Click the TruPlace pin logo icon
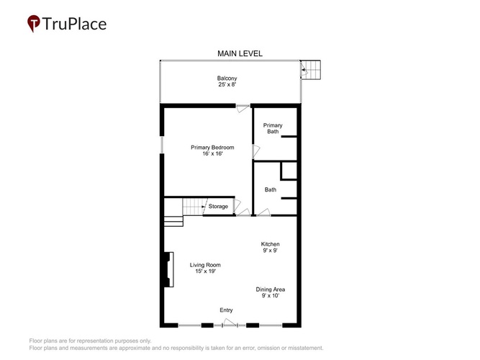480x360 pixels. tap(34, 23)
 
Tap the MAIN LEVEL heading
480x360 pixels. tap(240, 53)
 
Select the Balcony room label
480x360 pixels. tap(227, 78)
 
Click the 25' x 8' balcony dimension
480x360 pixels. tap(227, 84)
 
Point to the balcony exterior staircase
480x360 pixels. tap(310, 70)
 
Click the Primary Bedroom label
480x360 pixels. tap(212, 148)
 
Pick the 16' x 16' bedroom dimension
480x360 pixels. tap(212, 153)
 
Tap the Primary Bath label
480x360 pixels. tap(273, 128)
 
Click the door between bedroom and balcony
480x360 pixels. tap(243, 108)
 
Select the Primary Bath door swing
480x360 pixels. tap(256, 151)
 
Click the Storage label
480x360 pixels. tap(218, 207)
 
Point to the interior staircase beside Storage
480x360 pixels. tap(194, 207)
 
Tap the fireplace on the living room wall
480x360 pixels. tap(169, 269)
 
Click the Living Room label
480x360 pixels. tap(205, 265)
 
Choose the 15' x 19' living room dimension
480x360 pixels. tap(205, 271)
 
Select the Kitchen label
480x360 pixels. tap(270, 244)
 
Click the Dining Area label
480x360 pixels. tap(271, 289)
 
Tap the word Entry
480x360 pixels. tap(226, 310)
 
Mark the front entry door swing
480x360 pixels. tap(230, 323)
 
